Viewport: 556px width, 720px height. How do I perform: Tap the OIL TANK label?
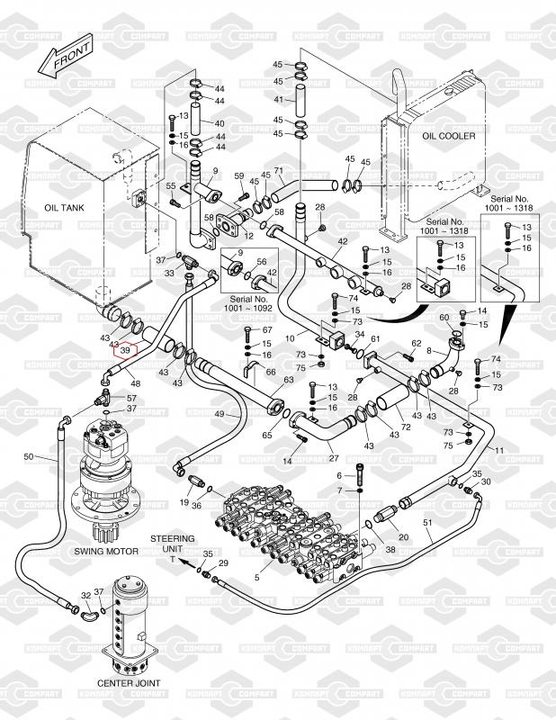[64, 207]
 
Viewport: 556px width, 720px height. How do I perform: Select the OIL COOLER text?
[448, 136]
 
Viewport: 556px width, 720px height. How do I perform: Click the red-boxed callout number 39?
[126, 351]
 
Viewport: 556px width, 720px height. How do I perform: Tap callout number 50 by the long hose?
[28, 457]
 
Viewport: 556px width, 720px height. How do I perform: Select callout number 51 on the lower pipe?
[428, 523]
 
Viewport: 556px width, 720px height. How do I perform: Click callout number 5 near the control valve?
[257, 577]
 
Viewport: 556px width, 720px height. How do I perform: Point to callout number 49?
[220, 413]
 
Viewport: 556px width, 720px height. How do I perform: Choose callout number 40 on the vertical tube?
[220, 123]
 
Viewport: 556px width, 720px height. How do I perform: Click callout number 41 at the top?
[278, 99]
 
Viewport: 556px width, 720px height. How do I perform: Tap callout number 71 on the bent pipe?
[278, 172]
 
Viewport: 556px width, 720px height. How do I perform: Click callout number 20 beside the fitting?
[402, 537]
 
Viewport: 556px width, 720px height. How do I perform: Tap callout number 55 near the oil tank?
[169, 185]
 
